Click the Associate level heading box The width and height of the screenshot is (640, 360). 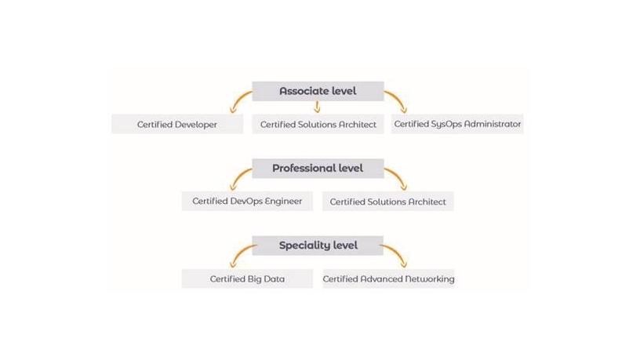coord(318,91)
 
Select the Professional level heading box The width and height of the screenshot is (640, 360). coord(318,168)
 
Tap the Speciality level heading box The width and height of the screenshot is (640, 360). coord(318,245)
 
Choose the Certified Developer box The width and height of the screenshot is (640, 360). coord(177,124)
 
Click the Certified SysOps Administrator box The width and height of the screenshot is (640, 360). coord(457,124)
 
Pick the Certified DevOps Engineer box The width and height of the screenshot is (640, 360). coord(247,201)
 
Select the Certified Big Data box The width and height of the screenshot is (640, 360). coord(247,278)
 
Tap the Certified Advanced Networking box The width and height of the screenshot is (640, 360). coord(388,278)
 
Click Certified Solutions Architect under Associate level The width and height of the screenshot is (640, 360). coord(318,124)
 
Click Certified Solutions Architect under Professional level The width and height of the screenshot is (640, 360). coord(388,202)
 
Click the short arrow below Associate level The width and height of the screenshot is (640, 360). coord(318,107)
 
